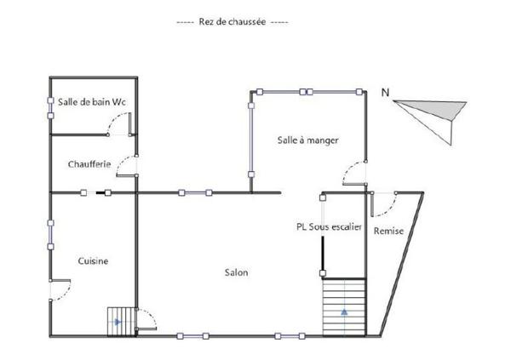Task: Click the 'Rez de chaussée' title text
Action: [231, 20]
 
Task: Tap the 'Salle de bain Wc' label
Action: [92, 102]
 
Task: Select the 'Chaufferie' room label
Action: [89, 164]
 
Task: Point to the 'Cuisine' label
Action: [93, 260]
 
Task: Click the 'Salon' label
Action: [236, 272]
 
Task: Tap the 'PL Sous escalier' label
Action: [329, 227]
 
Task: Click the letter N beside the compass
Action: [386, 93]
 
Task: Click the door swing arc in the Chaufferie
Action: [125, 165]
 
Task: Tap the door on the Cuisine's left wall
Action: [60, 290]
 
